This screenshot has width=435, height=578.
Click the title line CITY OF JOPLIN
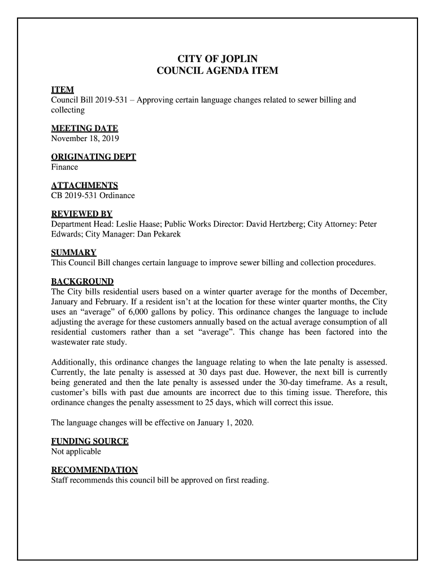pyautogui.click(x=217, y=59)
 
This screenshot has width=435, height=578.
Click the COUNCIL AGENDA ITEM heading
pyautogui.click(x=217, y=72)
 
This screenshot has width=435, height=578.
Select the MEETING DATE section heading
pyautogui.click(x=85, y=128)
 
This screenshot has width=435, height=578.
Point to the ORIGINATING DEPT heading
pyautogui.click(x=94, y=157)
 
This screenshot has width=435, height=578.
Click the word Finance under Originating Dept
pyautogui.click(x=64, y=167)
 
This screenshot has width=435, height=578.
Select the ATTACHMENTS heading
pyautogui.click(x=85, y=186)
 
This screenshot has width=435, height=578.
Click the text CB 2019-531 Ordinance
pyautogui.click(x=93, y=196)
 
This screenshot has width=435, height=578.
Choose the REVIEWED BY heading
pyautogui.click(x=82, y=214)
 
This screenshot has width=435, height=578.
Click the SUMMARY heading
pyautogui.click(x=74, y=252)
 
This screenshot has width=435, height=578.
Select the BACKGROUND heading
pyautogui.click(x=82, y=281)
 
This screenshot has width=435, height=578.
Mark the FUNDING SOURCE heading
pyautogui.click(x=90, y=441)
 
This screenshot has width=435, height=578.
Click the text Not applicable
pyautogui.click(x=76, y=452)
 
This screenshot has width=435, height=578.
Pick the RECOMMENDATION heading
pyautogui.click(x=94, y=470)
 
